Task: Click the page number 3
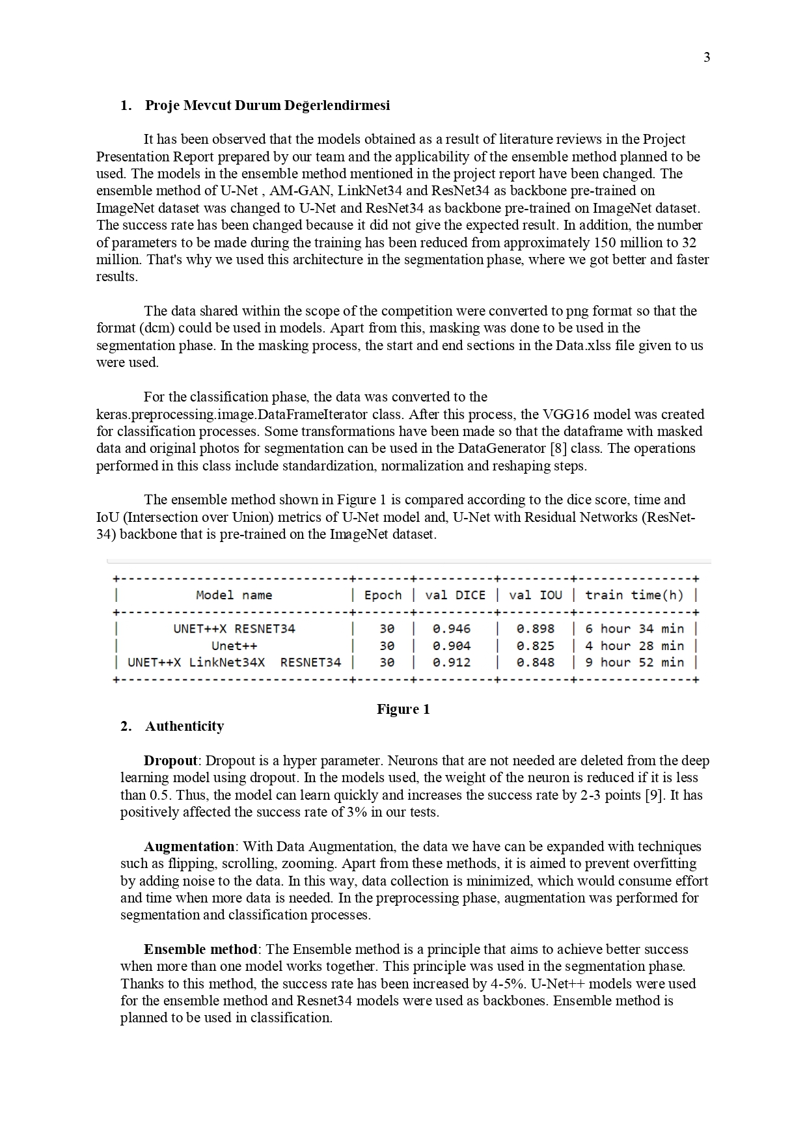click(x=707, y=58)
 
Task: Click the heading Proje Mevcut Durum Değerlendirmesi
click(x=267, y=105)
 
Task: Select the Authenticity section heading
click(x=184, y=726)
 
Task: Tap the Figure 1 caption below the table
click(x=403, y=709)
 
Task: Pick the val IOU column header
click(x=535, y=595)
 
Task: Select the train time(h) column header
click(x=634, y=595)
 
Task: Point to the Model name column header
click(x=234, y=595)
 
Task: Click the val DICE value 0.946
click(x=451, y=629)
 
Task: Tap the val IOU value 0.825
click(x=535, y=646)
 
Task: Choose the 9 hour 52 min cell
click(x=634, y=662)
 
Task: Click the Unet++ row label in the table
click(x=234, y=646)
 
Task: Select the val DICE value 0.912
click(x=451, y=662)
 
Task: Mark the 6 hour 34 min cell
click(x=634, y=629)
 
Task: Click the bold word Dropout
click(x=171, y=761)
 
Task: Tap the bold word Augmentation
click(x=189, y=847)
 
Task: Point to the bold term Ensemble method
click(x=200, y=949)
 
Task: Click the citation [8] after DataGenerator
click(x=558, y=448)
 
